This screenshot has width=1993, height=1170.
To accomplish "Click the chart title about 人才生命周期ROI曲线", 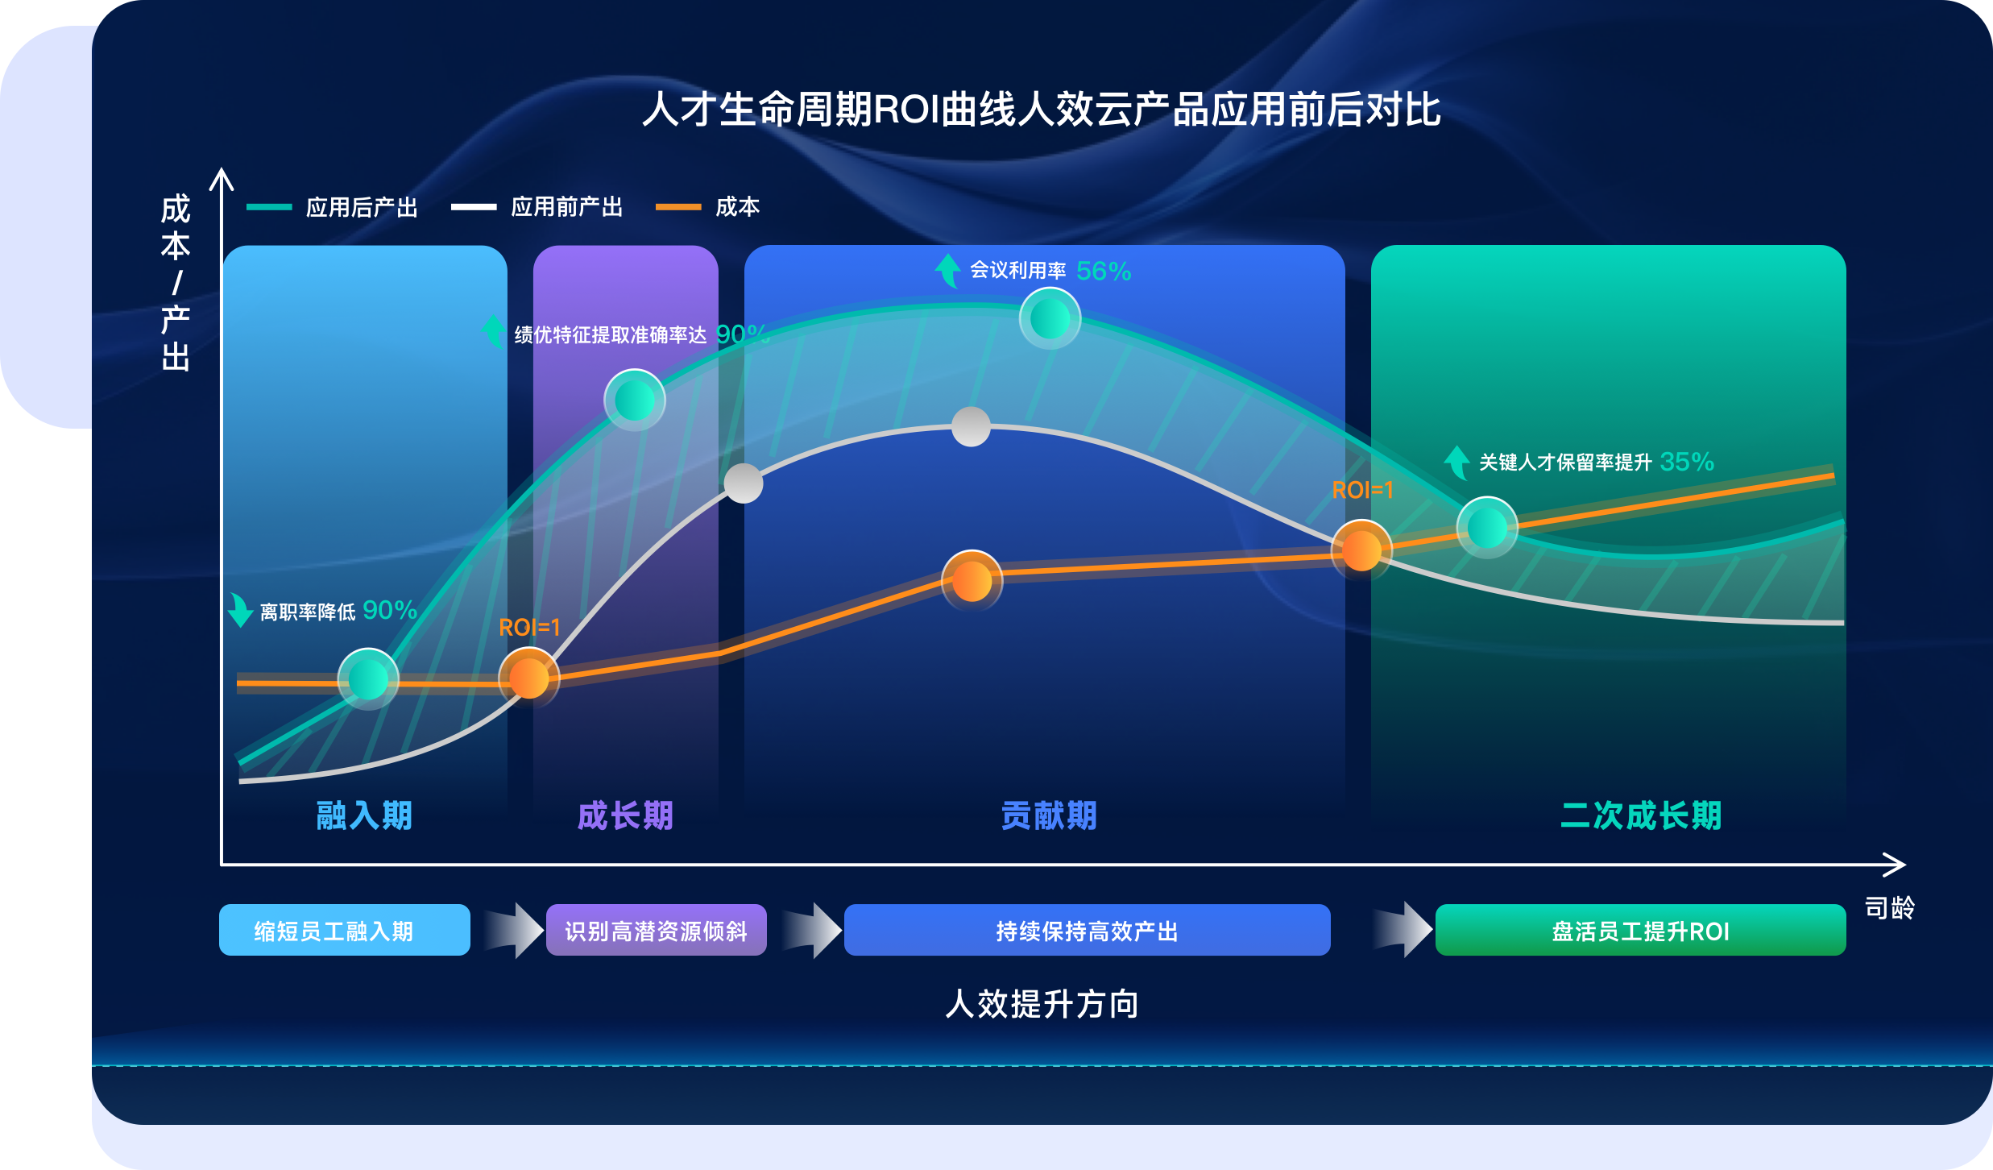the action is (x=1041, y=110).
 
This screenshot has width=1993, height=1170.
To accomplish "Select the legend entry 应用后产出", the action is (x=332, y=207).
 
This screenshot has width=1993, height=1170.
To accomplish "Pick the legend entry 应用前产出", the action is (x=537, y=207).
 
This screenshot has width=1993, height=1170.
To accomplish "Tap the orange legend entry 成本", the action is (x=707, y=207).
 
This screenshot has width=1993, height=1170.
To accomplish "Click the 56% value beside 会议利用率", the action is (x=1104, y=272).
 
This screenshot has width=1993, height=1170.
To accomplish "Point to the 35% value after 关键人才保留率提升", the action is (x=1687, y=462).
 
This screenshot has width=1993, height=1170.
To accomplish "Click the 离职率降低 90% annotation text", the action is (x=338, y=611).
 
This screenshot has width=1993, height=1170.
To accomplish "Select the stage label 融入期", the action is (x=364, y=815).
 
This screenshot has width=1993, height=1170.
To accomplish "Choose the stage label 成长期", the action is (x=625, y=815).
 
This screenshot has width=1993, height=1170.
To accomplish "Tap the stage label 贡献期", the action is (x=1049, y=815).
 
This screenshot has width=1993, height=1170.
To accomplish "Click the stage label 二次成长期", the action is (x=1641, y=815).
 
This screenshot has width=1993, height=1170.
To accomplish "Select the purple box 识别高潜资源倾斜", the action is (x=656, y=930).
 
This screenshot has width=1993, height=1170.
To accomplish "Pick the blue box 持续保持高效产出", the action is (x=1087, y=930).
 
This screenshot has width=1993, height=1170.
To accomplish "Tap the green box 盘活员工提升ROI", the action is (x=1640, y=930).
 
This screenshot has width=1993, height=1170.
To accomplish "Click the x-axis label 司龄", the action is (x=1890, y=908).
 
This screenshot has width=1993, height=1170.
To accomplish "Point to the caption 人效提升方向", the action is (x=1042, y=1004).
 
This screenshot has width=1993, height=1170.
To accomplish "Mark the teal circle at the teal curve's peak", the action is (x=1050, y=319).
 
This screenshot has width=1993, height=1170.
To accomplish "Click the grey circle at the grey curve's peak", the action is (x=971, y=426).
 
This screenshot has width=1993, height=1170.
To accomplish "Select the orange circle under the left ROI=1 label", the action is (x=529, y=678).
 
